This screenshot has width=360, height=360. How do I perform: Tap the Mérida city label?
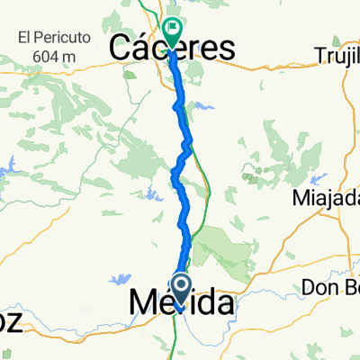(x=182, y=303)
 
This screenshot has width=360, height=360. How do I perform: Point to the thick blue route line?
(x=184, y=216)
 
